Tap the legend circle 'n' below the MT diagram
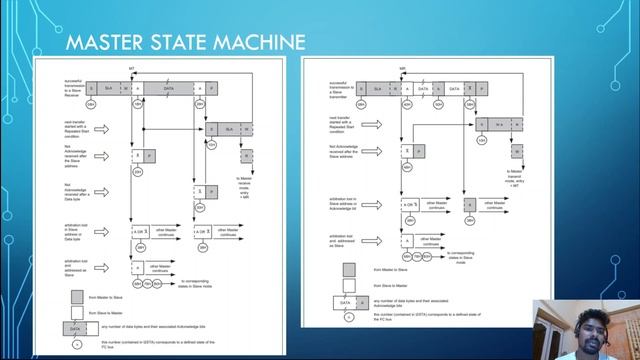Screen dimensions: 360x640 76,344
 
